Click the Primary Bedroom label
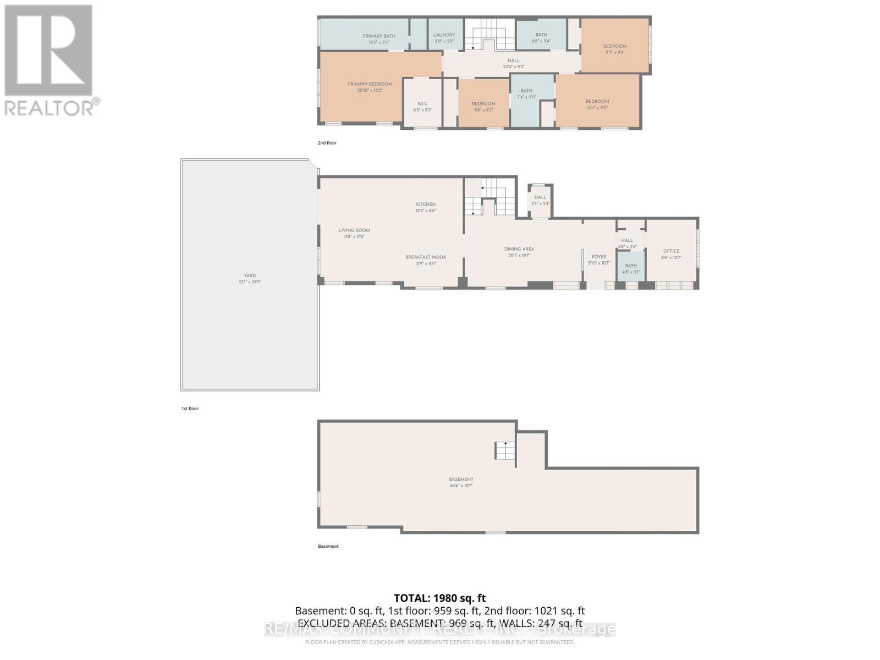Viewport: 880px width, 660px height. click(x=370, y=87)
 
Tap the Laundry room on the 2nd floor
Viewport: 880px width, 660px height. click(x=444, y=37)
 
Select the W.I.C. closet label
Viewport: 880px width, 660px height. click(x=422, y=107)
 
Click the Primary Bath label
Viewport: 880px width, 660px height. click(x=379, y=38)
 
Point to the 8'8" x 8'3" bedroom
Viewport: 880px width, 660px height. click(x=483, y=106)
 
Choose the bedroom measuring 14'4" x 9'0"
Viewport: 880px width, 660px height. click(x=597, y=104)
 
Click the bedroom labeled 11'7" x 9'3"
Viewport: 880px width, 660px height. click(x=614, y=49)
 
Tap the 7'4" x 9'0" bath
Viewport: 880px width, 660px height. click(x=526, y=94)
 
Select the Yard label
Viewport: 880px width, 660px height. click(x=250, y=278)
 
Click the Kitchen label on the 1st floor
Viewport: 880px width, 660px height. click(x=426, y=207)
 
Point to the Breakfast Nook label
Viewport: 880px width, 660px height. click(x=426, y=260)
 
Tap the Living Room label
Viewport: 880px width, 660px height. click(x=354, y=233)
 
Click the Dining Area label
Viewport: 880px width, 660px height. click(x=519, y=251)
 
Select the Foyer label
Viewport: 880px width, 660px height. click(x=599, y=259)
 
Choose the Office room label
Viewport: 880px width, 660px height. click(x=671, y=254)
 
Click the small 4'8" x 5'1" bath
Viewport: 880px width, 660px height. click(x=631, y=268)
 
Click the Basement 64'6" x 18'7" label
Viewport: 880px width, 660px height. click(x=461, y=482)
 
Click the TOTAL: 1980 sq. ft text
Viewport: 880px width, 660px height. click(x=439, y=598)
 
